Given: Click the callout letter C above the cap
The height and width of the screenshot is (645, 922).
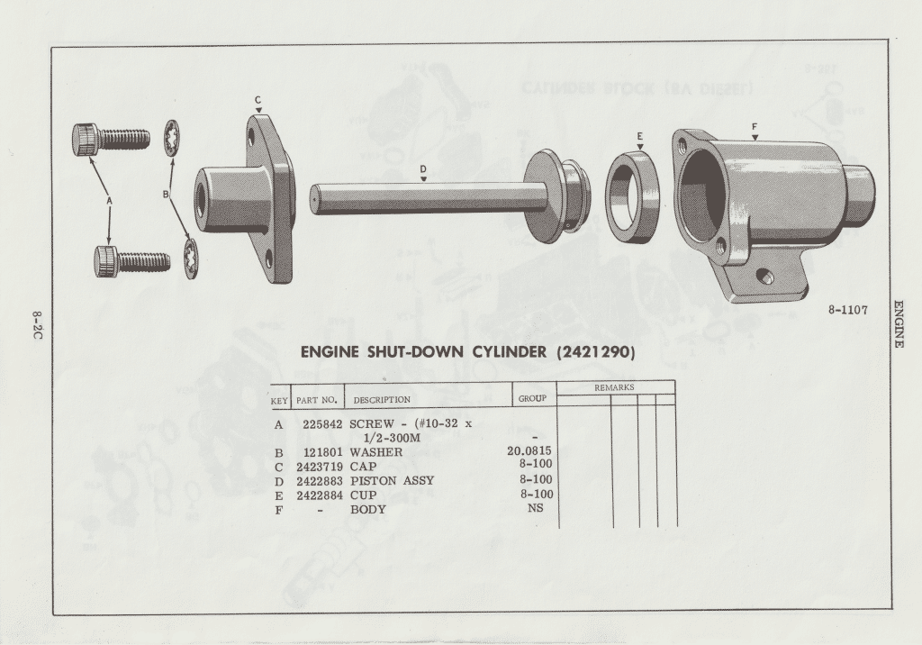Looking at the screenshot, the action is coord(258,100).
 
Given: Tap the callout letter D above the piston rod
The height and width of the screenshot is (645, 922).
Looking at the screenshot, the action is coord(423,168).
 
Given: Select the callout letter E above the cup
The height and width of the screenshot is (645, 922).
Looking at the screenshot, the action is coord(640,137).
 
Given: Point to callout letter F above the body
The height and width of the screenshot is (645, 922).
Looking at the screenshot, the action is coord(755,126).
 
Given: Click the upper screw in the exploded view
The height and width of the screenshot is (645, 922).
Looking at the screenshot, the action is coord(111,140).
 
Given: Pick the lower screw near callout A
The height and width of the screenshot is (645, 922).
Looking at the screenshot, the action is coord(132,262).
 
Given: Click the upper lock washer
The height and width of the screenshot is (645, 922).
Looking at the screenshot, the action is coord(172,139).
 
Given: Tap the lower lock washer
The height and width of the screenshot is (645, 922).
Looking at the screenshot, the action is coord(191,258).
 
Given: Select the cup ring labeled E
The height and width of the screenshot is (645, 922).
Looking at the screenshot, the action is coord(632,196).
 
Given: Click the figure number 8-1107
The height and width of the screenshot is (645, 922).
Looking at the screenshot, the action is coord(848,310).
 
